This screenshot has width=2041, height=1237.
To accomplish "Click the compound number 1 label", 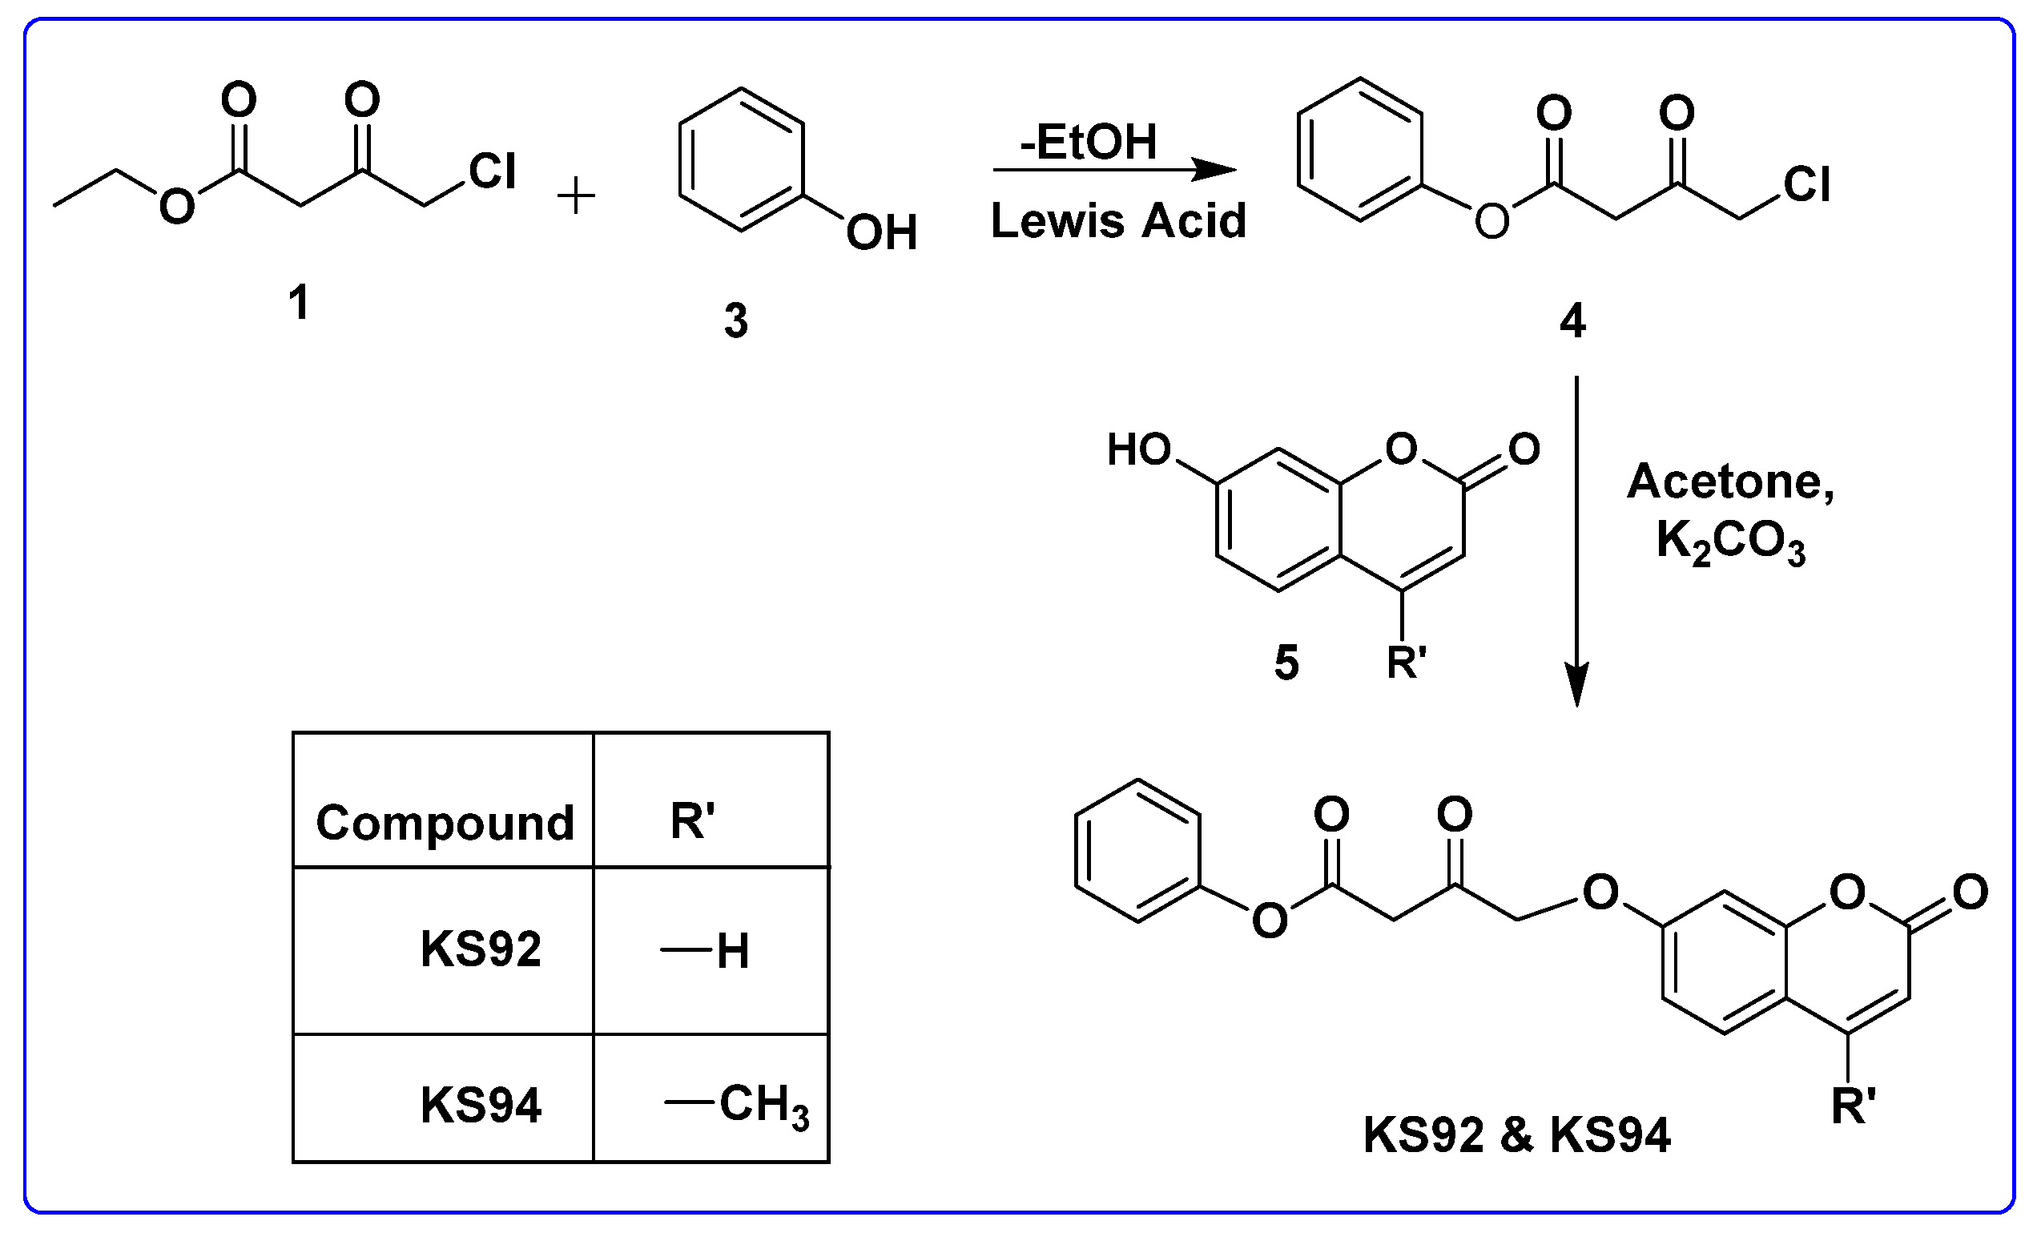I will (299, 301).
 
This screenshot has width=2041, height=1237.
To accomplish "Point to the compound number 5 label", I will (1286, 663).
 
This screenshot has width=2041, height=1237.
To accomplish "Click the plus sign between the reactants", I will (576, 198).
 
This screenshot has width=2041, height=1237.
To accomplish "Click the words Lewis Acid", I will (1118, 221).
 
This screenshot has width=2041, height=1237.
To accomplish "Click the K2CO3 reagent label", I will (1730, 542).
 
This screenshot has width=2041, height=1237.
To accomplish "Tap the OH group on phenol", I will (881, 232).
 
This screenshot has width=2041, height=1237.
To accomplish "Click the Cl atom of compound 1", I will (492, 171).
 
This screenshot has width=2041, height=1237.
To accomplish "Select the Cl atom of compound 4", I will (1807, 184).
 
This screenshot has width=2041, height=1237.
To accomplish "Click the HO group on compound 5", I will (1139, 450).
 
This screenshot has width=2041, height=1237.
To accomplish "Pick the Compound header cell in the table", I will (445, 823).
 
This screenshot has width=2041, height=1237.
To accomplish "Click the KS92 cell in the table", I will (481, 949).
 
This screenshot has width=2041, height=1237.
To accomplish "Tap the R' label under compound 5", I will (1407, 663).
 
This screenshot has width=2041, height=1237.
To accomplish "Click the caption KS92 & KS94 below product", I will (1516, 1135).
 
